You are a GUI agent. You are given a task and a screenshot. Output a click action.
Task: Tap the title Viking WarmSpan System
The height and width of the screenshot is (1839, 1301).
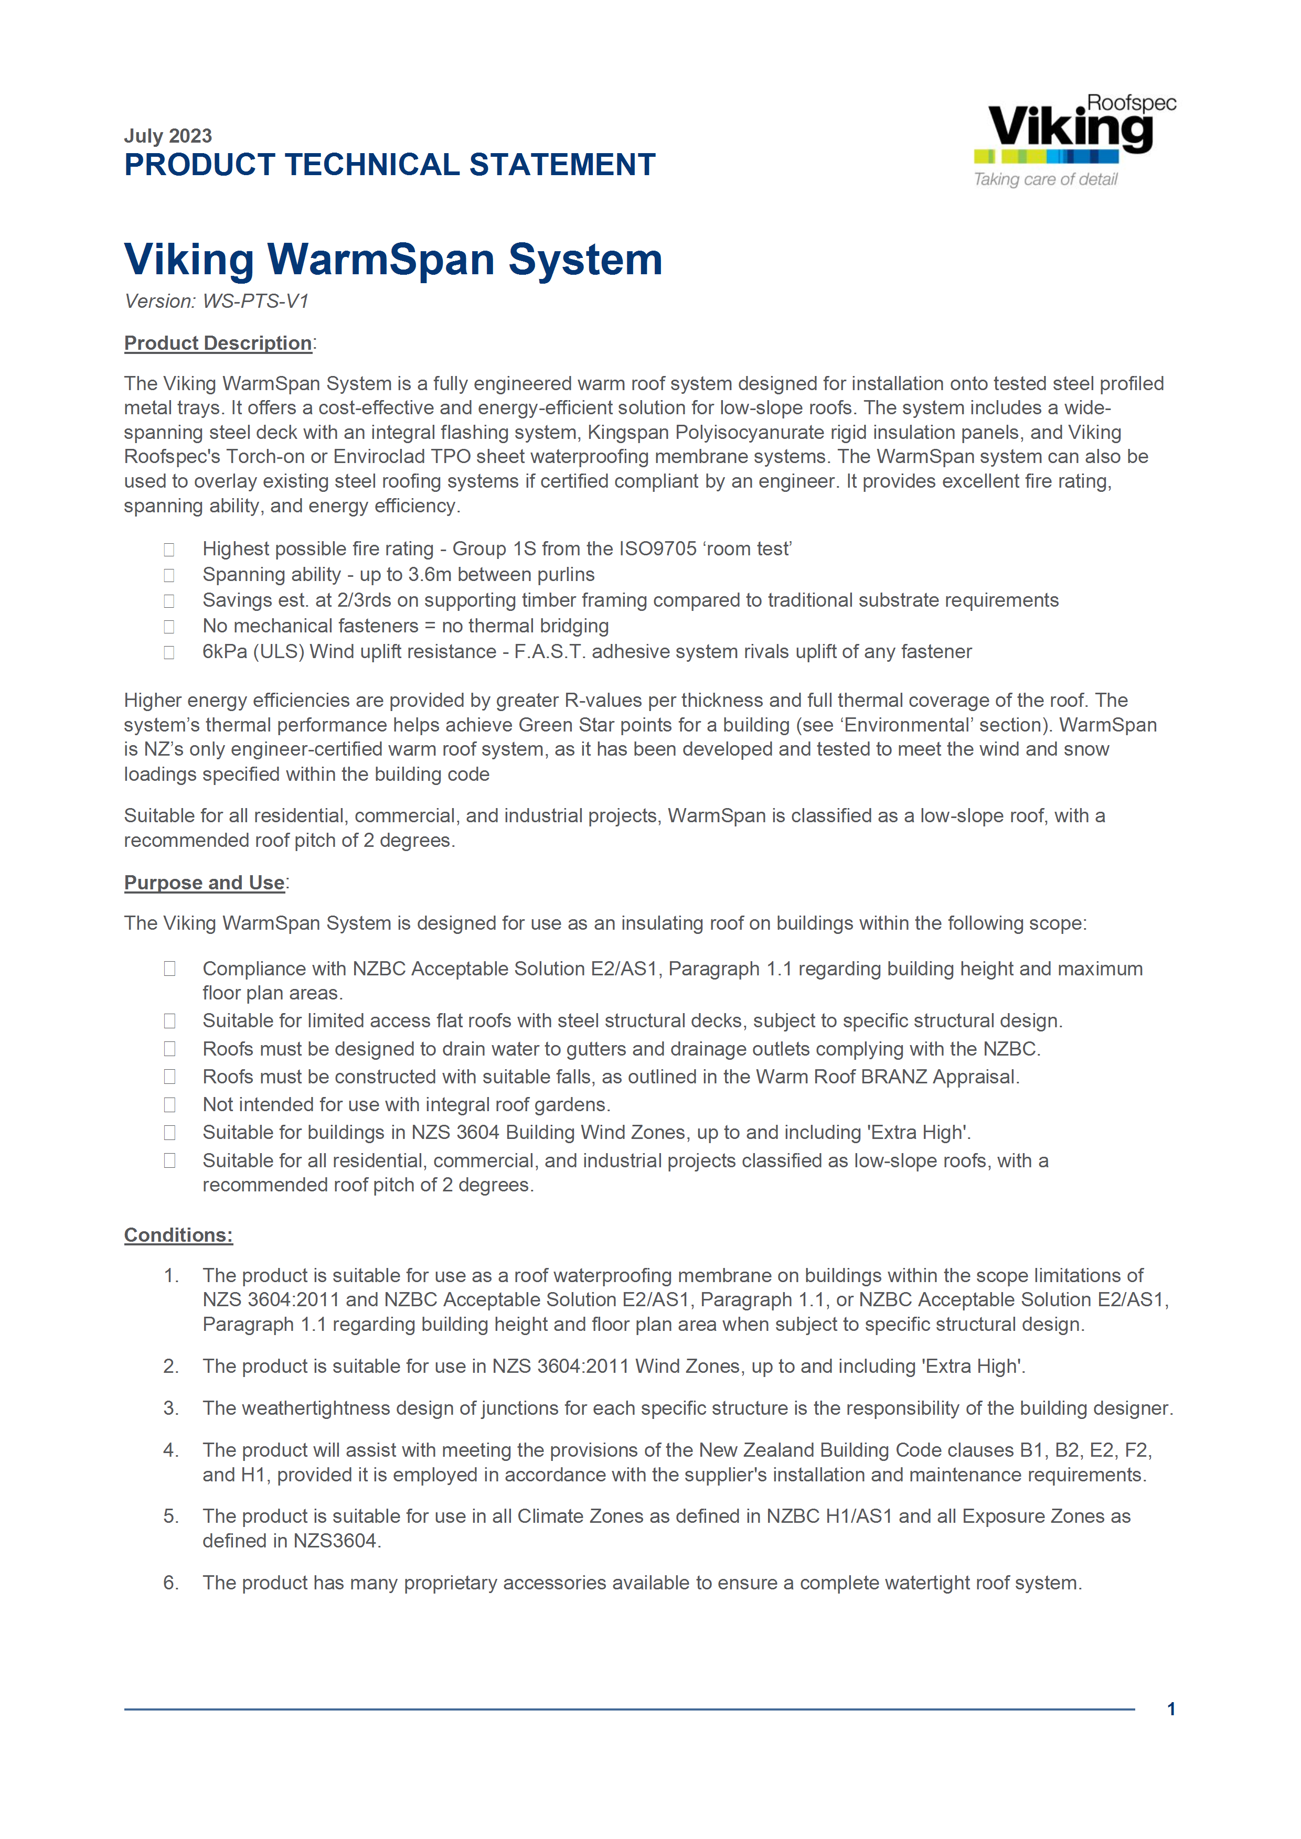click(392, 260)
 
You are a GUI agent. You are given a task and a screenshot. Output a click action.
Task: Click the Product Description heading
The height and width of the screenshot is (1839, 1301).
click(218, 343)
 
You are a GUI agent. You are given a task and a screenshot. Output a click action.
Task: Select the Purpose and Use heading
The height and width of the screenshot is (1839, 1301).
click(204, 883)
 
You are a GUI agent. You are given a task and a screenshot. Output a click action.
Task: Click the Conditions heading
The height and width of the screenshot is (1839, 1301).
click(178, 1235)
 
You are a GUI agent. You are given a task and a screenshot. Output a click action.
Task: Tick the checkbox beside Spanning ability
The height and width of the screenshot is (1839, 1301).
click(169, 575)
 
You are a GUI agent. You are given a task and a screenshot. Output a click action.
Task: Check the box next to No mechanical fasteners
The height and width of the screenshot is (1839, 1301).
click(169, 626)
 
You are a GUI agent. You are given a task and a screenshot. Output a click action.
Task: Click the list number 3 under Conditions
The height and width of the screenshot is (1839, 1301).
click(170, 1408)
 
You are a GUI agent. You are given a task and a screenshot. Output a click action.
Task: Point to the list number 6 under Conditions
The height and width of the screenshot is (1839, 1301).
click(170, 1583)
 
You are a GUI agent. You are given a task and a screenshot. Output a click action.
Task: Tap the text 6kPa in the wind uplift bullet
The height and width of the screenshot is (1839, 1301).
click(225, 651)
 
